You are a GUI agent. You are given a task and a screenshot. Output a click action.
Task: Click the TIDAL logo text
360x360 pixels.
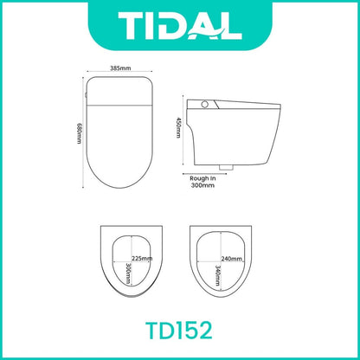coord(180,26)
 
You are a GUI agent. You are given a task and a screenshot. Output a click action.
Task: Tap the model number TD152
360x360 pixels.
coord(179,331)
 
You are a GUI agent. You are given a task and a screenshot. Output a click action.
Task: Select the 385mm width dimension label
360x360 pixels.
coord(120,68)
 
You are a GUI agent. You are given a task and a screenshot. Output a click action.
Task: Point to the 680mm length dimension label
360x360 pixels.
coord(79,133)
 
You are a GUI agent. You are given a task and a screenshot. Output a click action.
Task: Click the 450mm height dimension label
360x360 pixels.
coord(179,127)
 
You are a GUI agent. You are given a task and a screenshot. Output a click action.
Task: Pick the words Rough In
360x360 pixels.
coord(202,178)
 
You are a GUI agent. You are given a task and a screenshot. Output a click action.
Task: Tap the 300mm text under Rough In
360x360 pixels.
coord(202,185)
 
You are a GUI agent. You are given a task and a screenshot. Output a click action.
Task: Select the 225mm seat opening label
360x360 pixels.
coord(142,259)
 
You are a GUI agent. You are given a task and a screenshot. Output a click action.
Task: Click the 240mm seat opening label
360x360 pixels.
coord(232,259)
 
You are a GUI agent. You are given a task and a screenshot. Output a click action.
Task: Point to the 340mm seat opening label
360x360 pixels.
coord(218,275)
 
